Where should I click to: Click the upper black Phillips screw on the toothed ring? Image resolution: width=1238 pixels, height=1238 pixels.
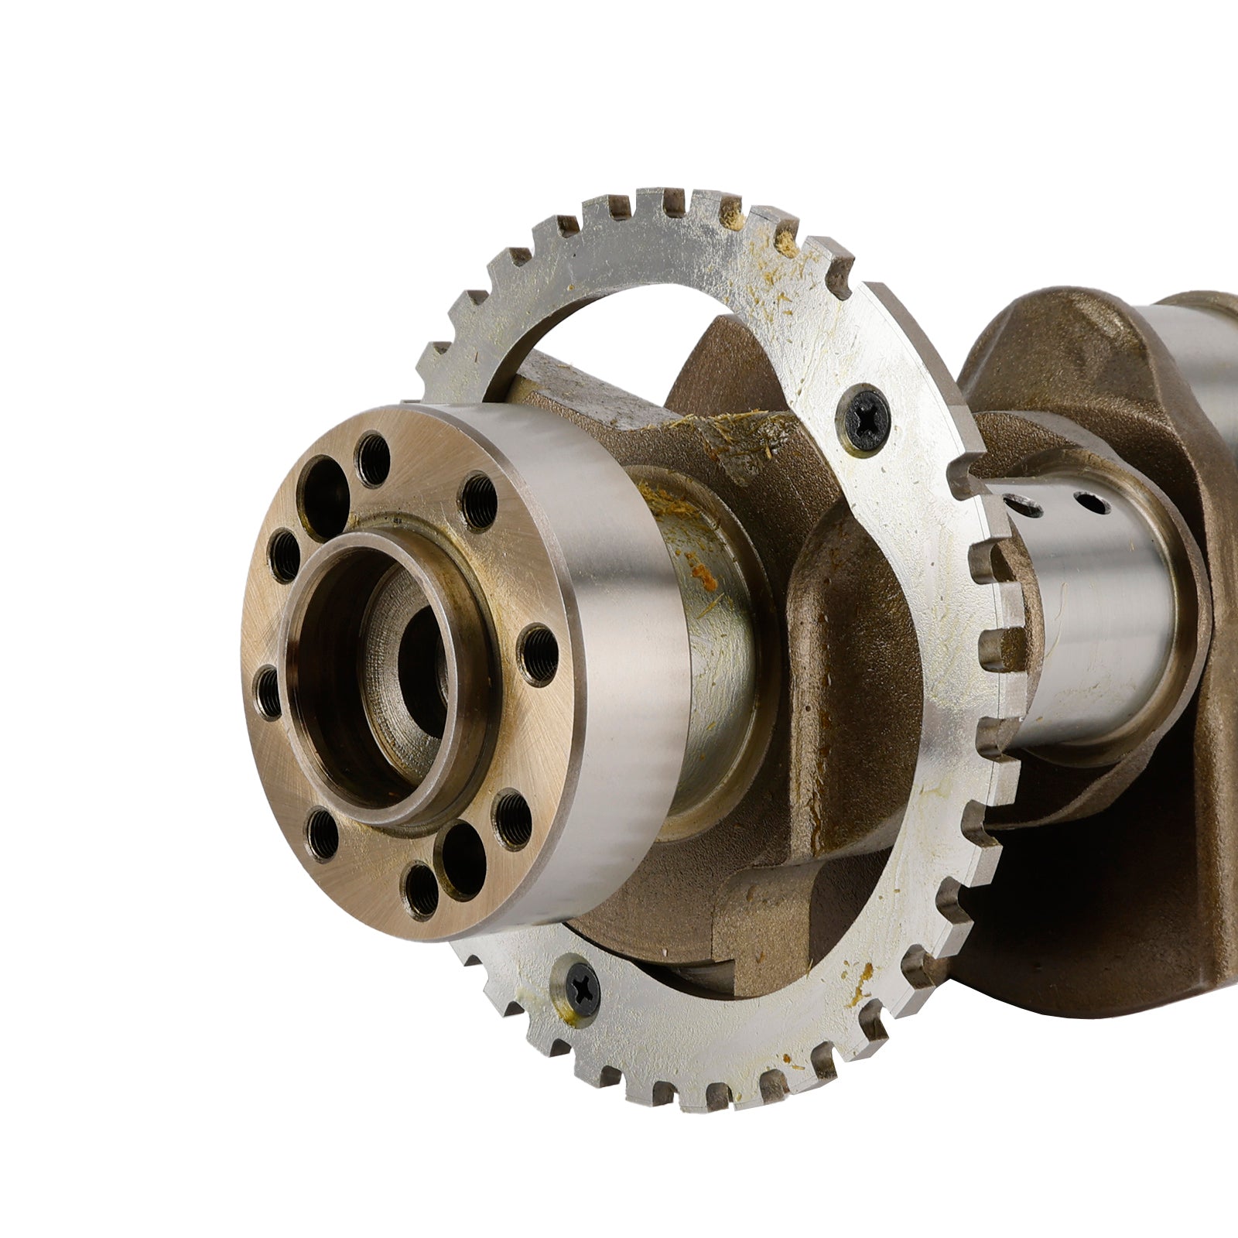(x=867, y=419)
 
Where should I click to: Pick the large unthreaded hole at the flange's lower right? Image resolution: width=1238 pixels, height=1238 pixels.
(x=463, y=858)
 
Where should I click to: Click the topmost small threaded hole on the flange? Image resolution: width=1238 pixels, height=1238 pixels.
(x=374, y=460)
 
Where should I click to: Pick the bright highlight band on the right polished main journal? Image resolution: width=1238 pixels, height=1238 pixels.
(x=1114, y=619)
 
